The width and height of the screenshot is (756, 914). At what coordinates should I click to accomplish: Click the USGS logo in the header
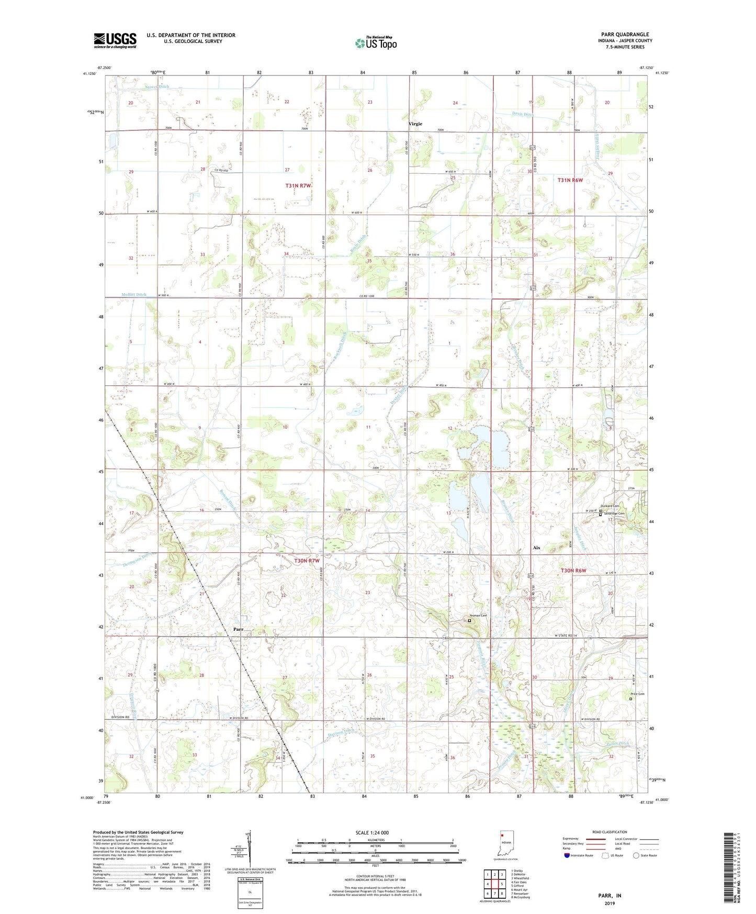pos(115,41)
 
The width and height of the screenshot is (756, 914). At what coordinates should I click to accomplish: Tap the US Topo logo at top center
pos(376,43)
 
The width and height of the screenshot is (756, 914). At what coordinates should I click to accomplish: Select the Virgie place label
pos(415,124)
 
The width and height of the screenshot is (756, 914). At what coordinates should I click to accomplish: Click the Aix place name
pos(536,548)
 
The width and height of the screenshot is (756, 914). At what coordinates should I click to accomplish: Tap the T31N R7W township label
pos(298,186)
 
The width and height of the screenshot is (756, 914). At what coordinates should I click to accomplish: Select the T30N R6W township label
pos(573,570)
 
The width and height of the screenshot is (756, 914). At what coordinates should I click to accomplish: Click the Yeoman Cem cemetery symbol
pos(469,620)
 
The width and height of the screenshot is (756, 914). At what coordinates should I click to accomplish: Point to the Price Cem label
pos(637,694)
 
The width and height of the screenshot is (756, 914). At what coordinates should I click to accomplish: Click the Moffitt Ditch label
pos(134,295)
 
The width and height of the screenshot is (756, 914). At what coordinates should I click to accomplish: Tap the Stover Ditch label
pos(157,87)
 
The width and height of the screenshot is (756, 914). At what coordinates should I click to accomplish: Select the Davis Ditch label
pos(522,114)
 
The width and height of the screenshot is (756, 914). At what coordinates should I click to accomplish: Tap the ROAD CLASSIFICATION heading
pos(610,832)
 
